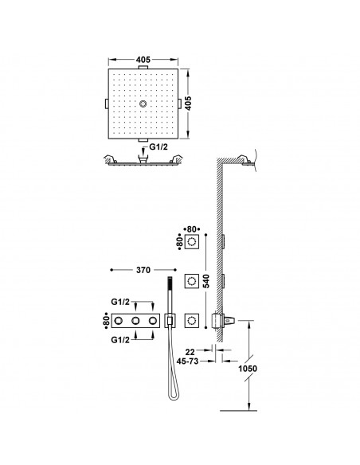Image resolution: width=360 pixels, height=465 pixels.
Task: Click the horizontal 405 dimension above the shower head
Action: [143, 60]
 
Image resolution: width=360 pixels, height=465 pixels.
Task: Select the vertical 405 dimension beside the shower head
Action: [189, 103]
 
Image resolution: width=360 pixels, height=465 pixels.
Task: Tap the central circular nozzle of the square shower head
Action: [143, 104]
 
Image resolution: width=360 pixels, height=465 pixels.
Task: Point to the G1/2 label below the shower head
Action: [158, 147]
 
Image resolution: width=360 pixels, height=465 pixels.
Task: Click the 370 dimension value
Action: [143, 270]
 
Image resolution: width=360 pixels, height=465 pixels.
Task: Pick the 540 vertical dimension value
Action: [206, 281]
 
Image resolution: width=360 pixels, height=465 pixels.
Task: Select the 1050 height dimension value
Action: [248, 369]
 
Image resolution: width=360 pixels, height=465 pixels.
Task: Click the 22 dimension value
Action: [190, 352]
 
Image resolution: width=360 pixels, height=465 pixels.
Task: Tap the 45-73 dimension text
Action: [187, 361]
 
